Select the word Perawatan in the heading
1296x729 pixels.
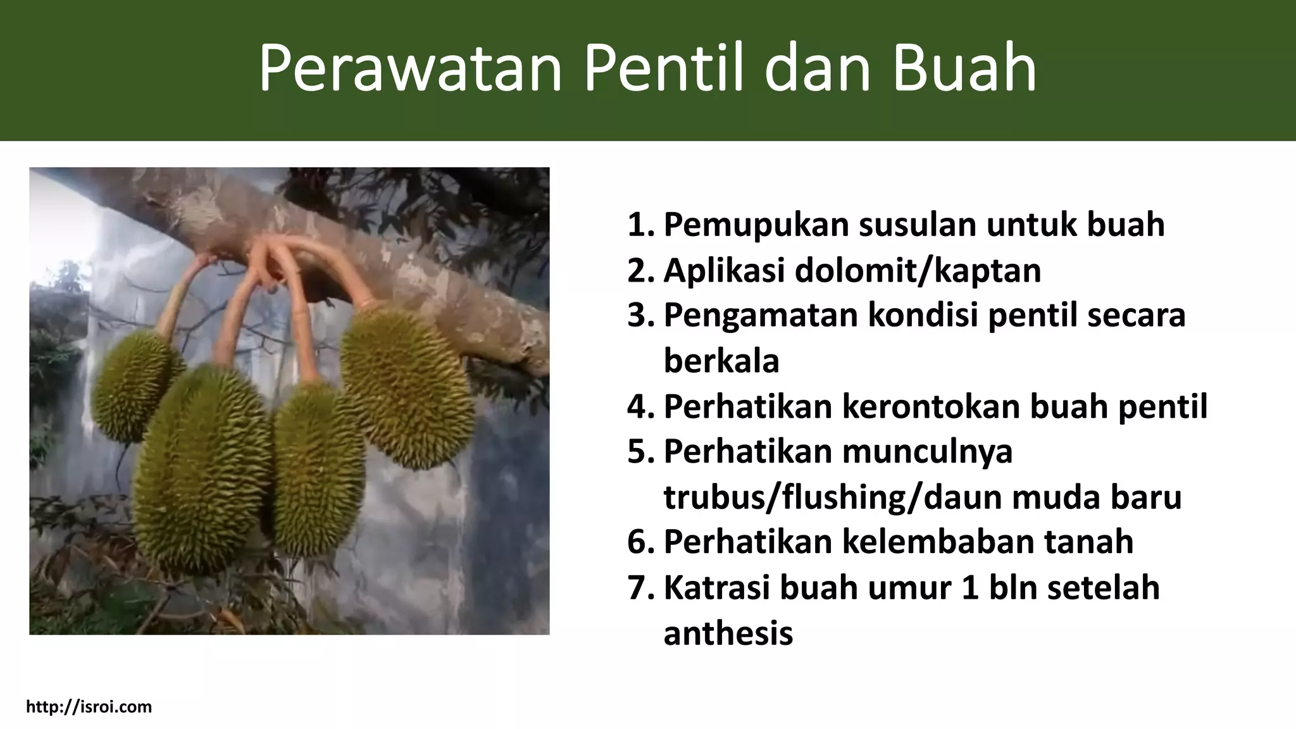410,68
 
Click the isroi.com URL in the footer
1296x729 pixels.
89,707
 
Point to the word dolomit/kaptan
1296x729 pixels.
918,271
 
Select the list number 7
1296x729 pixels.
640,588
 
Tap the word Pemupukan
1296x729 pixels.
756,225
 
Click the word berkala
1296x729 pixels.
721,361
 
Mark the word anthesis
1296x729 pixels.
728,633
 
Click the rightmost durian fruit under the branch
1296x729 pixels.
408,387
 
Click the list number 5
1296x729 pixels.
640,452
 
